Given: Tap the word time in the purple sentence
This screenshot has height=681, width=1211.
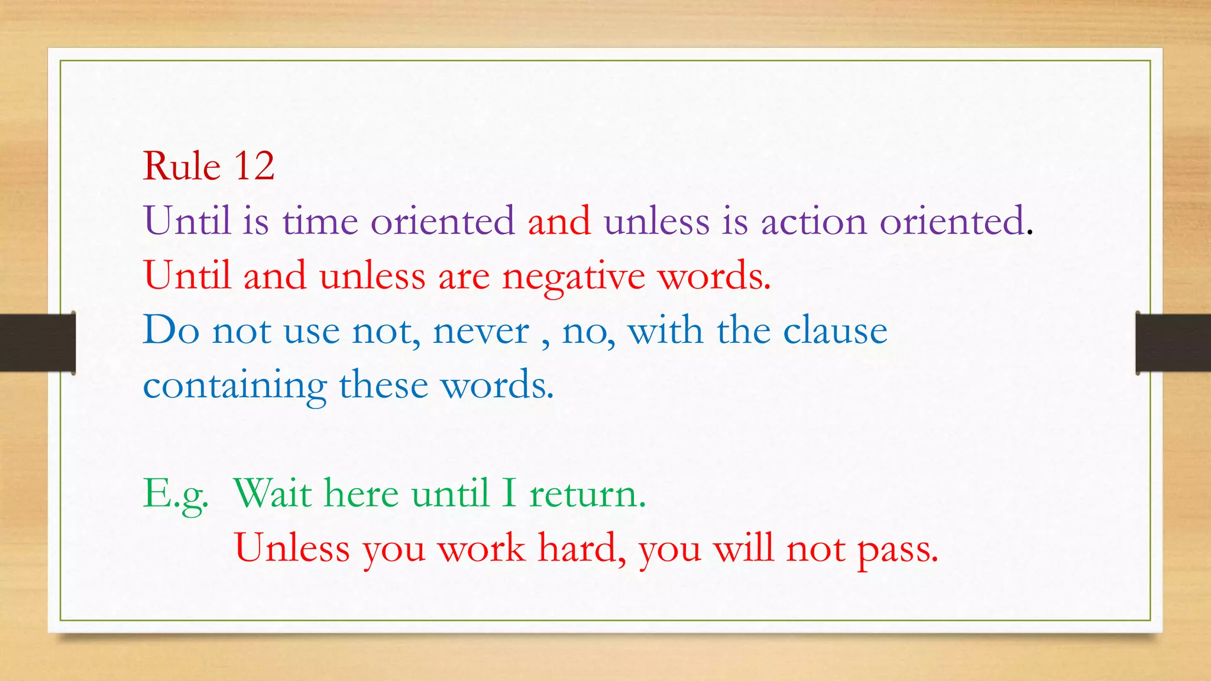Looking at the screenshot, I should point(320,221).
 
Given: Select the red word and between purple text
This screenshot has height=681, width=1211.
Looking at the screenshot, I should point(559,221).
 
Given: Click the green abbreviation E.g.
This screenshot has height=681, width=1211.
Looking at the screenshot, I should point(176,494).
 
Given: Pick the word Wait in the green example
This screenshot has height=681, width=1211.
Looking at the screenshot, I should point(273,493).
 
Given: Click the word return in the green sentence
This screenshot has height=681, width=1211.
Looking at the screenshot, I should point(587,494).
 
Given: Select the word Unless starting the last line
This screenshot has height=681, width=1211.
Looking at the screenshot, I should point(292,548).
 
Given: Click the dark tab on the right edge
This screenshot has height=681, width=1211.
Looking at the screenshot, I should point(1173,343).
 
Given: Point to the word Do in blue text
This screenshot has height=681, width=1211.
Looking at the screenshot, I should point(171,330).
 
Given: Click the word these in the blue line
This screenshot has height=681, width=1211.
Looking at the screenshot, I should point(383,385).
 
